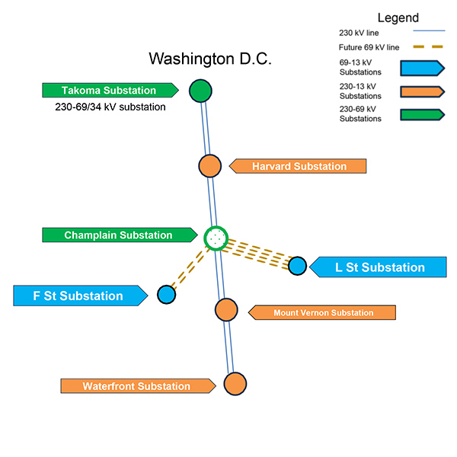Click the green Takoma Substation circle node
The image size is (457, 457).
[x=200, y=91]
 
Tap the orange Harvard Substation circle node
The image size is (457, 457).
[x=209, y=166]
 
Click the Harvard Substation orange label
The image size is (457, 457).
[x=299, y=166]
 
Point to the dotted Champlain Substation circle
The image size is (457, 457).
[x=216, y=238]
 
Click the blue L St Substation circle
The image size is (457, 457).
[x=297, y=267]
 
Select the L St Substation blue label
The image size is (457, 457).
[x=379, y=267]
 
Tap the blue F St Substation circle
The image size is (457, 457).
[x=166, y=295]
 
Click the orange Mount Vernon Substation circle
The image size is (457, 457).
[x=225, y=310]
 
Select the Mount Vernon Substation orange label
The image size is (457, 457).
[x=323, y=312]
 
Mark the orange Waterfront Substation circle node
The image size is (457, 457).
[x=235, y=384]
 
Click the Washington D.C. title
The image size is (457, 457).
[x=209, y=59]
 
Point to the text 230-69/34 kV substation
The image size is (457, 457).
[x=110, y=107]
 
